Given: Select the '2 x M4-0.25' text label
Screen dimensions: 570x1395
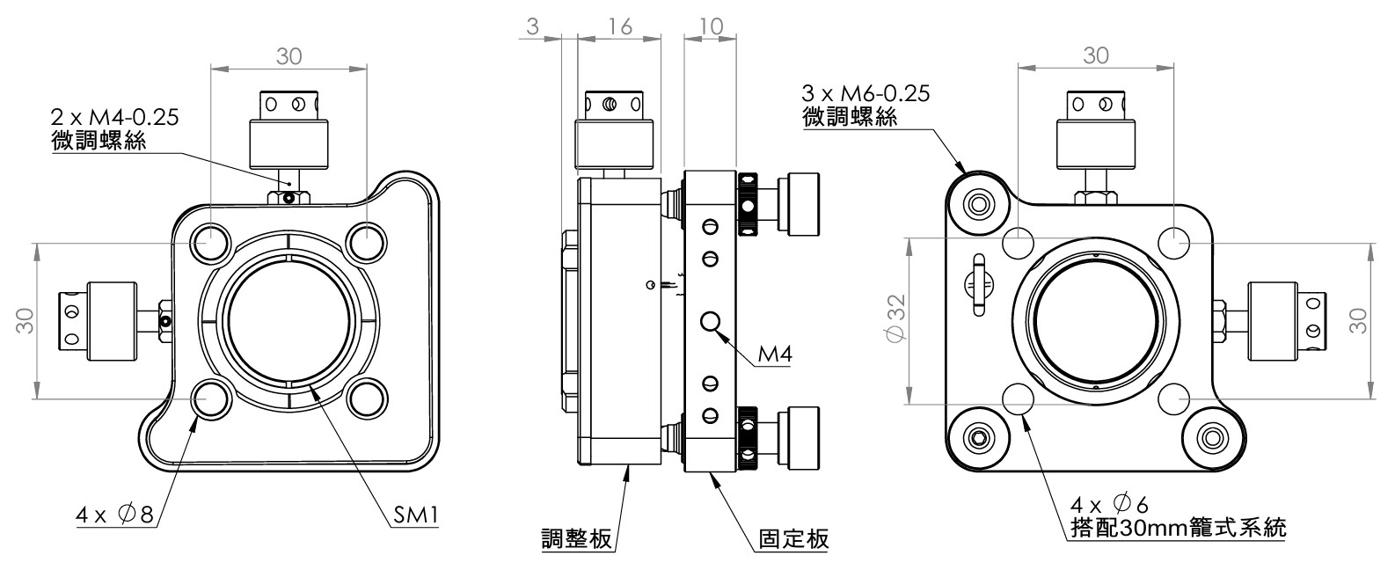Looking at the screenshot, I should coord(114,117).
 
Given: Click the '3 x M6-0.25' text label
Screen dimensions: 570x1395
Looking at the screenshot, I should coord(865,93).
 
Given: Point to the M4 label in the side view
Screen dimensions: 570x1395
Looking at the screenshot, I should coord(774,354).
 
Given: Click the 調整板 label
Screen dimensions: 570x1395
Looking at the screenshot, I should coord(576,537).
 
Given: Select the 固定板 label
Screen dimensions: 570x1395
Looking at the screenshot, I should coord(793,537).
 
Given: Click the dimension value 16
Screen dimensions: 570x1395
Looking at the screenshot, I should coord(619,26).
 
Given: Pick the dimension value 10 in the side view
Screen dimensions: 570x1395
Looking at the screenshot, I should coord(710,26).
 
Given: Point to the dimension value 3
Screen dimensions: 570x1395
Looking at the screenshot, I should coord(532,26).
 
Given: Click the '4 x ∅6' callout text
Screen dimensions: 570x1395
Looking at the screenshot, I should coord(1109,504).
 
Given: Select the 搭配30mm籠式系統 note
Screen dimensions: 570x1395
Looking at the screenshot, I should coord(1179,528).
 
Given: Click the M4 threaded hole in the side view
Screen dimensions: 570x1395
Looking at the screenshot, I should coord(712,322).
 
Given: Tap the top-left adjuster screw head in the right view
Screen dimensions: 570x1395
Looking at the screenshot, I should coord(978,205).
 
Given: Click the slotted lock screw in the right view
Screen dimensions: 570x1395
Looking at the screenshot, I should coord(977,284).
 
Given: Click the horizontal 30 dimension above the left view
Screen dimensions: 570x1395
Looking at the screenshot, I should coord(288,56).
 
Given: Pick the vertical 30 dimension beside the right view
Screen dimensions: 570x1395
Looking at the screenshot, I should coord(1358,320).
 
